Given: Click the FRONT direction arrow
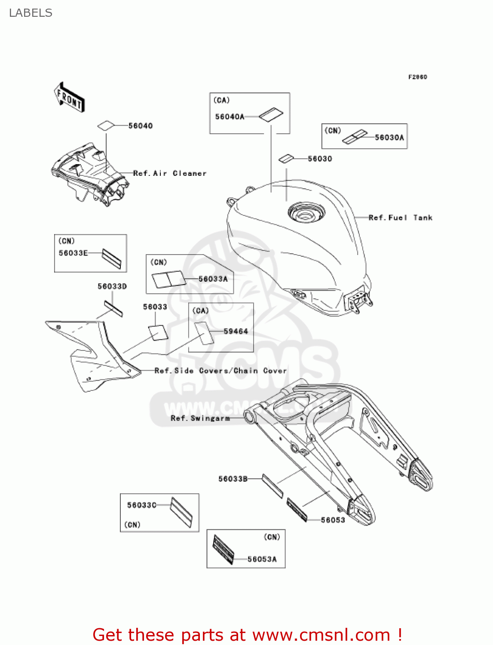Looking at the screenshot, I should coord(69,98).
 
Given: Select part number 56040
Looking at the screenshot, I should coord(140,126).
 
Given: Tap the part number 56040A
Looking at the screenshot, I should coord(230,117).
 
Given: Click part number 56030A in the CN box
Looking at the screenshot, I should coord(389,138).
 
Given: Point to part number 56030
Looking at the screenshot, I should coord(320,159).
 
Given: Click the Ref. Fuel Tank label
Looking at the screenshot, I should coord(400,218).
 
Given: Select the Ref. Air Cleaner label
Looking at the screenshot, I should coord(170,173).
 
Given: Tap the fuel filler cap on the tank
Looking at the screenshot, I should coord(306,212).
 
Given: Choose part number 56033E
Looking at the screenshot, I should coord(73,253).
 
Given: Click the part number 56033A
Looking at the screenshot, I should coord(213,279).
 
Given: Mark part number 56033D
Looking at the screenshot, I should coord(112,286).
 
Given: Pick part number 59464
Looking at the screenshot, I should coord(236,331).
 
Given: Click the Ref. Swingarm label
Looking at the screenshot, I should coord(200,418).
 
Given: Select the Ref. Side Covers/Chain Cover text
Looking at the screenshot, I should coord(220,371).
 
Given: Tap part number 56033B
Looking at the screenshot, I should coord(233,479).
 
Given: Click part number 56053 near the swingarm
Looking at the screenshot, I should coord(333,520).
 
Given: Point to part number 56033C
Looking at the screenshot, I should coord(141,505).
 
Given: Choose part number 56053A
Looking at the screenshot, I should coord(262,559).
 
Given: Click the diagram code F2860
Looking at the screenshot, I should coord(417,77).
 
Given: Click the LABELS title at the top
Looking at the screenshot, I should coord(31,13).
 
